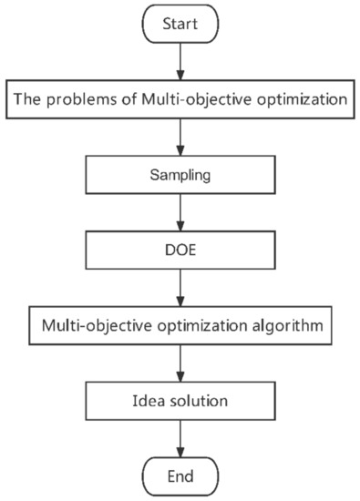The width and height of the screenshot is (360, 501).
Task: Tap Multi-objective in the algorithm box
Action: coord(98,324)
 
